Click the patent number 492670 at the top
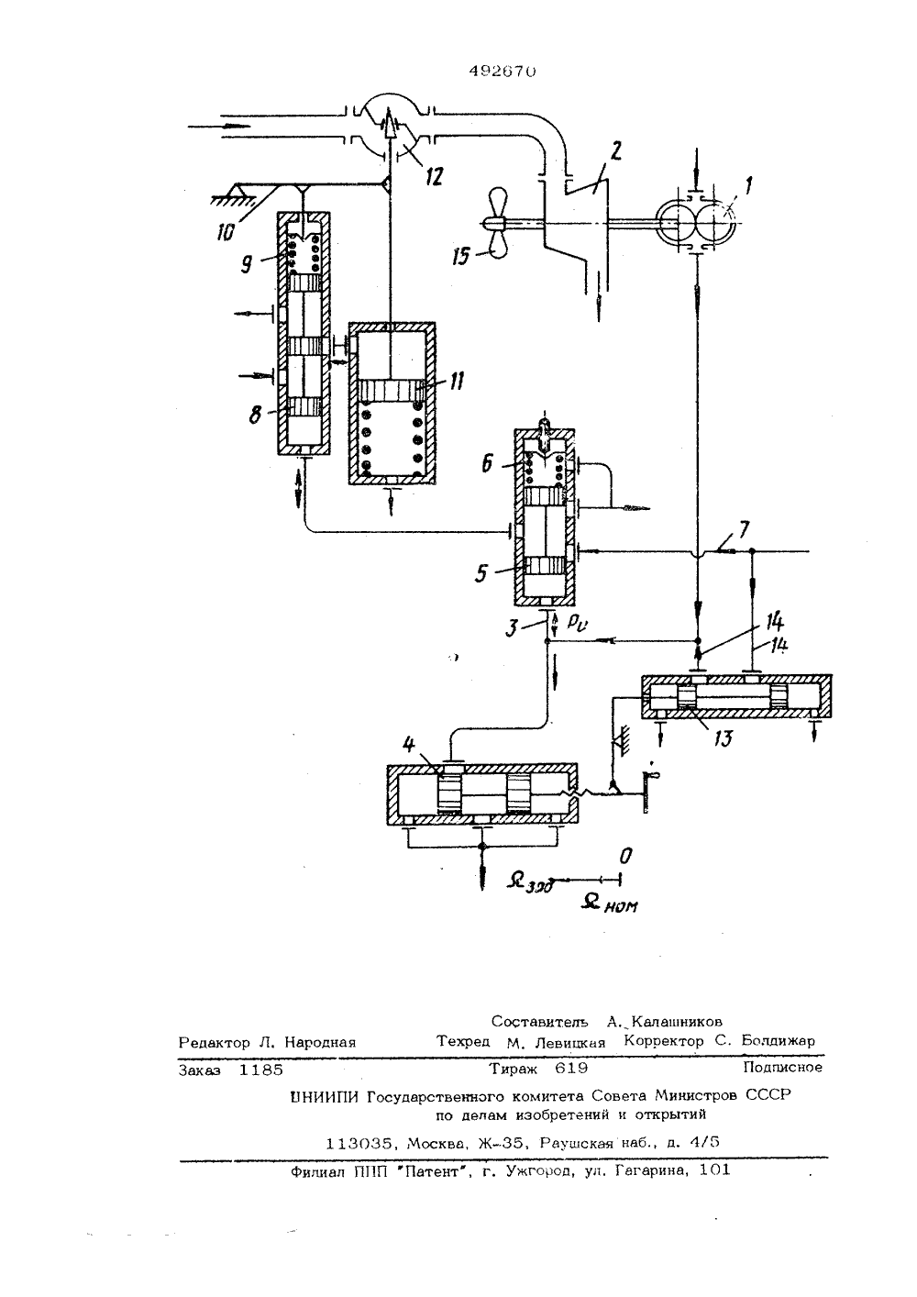point(502,72)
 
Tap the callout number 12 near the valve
point(434,175)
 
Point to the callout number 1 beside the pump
point(748,186)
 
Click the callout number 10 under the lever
point(226,231)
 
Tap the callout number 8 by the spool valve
point(255,415)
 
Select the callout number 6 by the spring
point(487,462)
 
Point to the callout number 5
point(481,573)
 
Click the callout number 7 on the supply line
point(744,529)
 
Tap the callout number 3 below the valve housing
point(512,628)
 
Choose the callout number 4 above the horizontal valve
point(409,744)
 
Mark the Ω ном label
point(609,903)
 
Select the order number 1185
point(261,1069)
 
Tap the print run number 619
point(570,1068)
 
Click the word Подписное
point(783,1067)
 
